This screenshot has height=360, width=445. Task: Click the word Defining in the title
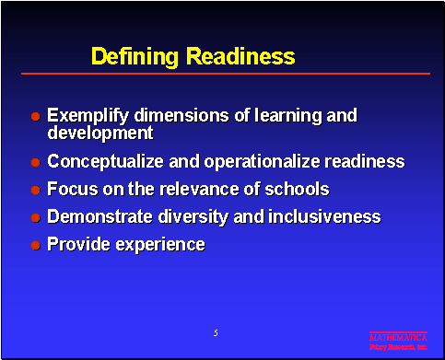point(135,57)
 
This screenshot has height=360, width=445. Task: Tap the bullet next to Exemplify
point(35,118)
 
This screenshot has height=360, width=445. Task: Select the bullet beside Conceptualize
point(35,163)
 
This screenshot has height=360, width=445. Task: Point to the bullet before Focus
point(35,191)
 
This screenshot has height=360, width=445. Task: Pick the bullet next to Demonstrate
point(35,218)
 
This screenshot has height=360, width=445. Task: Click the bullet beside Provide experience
point(35,246)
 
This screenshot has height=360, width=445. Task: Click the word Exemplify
point(88,117)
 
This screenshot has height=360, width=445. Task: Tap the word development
point(100,134)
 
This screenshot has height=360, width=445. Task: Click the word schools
point(297,190)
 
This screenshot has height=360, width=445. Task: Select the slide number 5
point(215,331)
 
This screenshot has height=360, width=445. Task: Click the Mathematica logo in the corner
point(398,341)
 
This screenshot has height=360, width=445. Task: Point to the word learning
point(287,117)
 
